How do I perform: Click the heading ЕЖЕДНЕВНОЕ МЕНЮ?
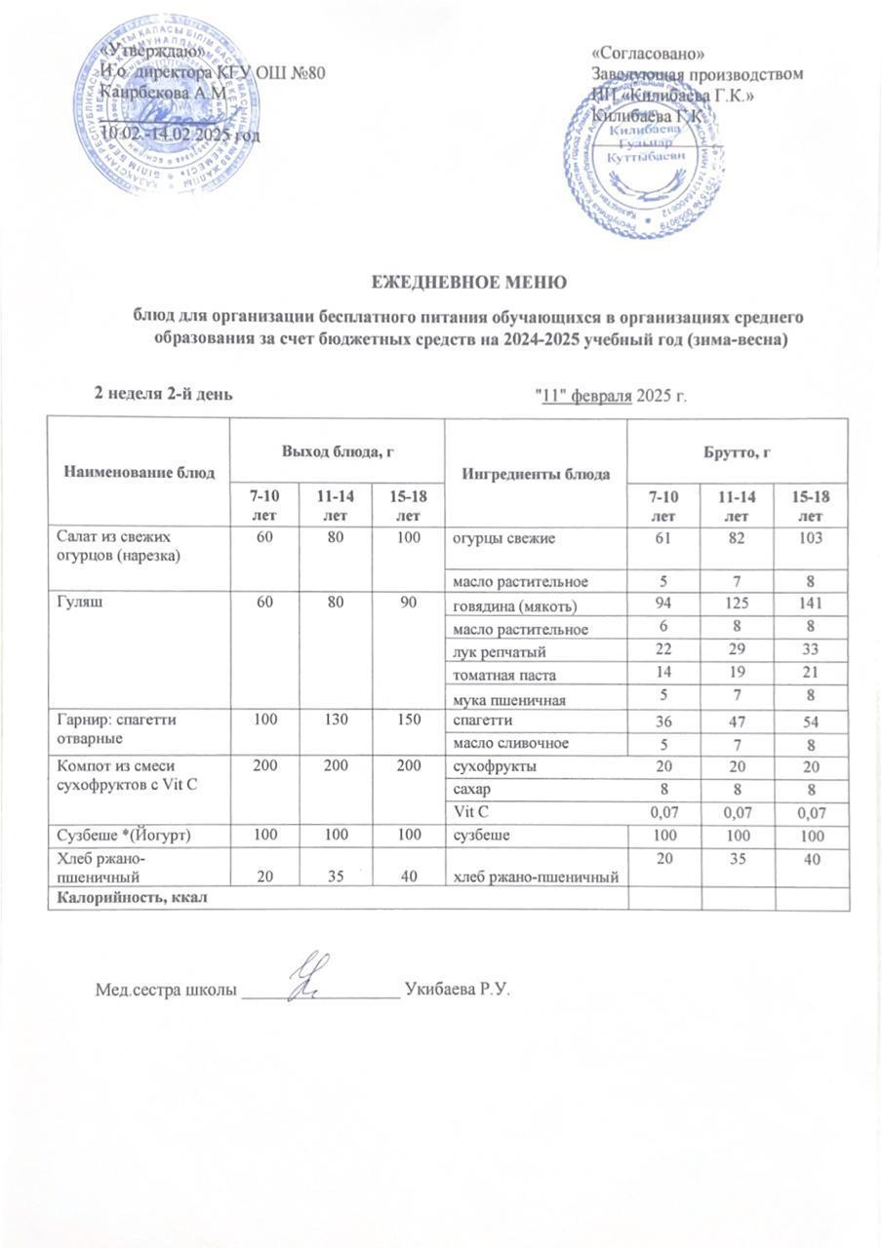point(470,283)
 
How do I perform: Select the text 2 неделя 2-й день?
point(162,393)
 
